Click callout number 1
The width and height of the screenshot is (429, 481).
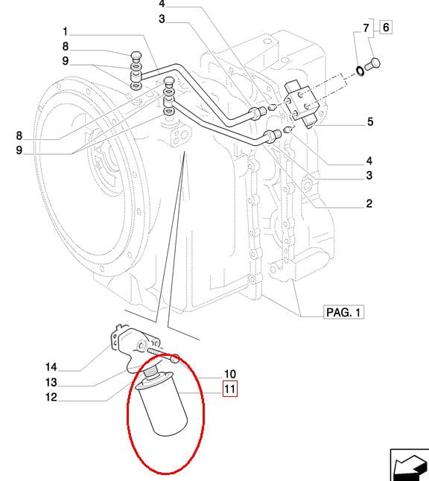65,31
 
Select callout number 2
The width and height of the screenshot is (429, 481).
369,203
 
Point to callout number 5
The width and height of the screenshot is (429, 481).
370,122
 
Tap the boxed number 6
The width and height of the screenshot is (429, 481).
386,27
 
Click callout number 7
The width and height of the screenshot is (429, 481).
366,28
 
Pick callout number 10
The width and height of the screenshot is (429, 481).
230,374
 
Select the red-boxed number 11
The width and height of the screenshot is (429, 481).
230,389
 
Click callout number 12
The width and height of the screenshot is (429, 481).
51,398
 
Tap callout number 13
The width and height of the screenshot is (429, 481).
51,382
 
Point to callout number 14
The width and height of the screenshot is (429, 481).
51,367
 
